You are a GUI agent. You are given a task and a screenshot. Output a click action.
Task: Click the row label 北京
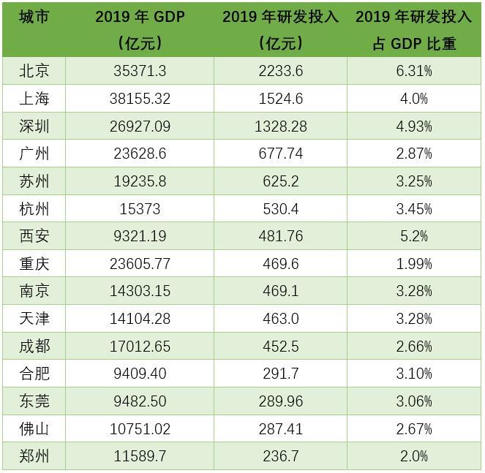click(34, 71)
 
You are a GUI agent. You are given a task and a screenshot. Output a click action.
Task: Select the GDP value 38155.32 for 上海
click(140, 99)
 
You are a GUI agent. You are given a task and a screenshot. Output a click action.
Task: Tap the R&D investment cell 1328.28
click(281, 126)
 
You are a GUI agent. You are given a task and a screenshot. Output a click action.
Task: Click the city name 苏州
click(34, 181)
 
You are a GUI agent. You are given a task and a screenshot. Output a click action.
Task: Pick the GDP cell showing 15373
click(140, 208)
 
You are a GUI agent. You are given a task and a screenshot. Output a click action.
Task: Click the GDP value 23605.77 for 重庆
click(140, 263)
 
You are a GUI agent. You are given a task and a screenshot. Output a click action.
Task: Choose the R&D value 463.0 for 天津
click(281, 318)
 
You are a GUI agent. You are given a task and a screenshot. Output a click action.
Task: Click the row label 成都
click(34, 346)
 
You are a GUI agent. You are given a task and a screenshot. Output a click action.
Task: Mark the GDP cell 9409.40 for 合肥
click(140, 374)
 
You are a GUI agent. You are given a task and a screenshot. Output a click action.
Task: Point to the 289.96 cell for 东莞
click(281, 401)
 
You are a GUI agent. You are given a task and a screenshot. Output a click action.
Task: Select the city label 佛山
click(34, 428)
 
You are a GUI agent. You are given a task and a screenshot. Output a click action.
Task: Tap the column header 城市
click(34, 16)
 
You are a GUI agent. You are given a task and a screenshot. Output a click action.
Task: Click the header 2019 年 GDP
click(140, 16)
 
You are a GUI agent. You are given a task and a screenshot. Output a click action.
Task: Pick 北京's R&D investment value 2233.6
click(281, 71)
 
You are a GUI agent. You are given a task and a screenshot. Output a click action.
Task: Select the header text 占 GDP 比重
click(414, 44)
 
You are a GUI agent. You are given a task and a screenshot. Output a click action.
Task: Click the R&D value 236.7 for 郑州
click(281, 456)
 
